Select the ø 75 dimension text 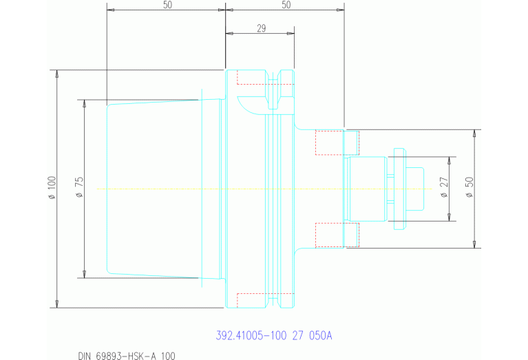click(79, 187)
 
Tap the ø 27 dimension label click(443, 188)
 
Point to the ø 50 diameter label click(469, 188)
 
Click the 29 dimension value click(261, 28)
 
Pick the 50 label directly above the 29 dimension click(286, 6)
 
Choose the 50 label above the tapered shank click(167, 6)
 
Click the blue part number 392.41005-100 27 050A click(274, 336)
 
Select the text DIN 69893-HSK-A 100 click(127, 355)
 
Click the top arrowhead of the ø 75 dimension click(85, 103)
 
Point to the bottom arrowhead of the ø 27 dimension click(449, 218)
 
